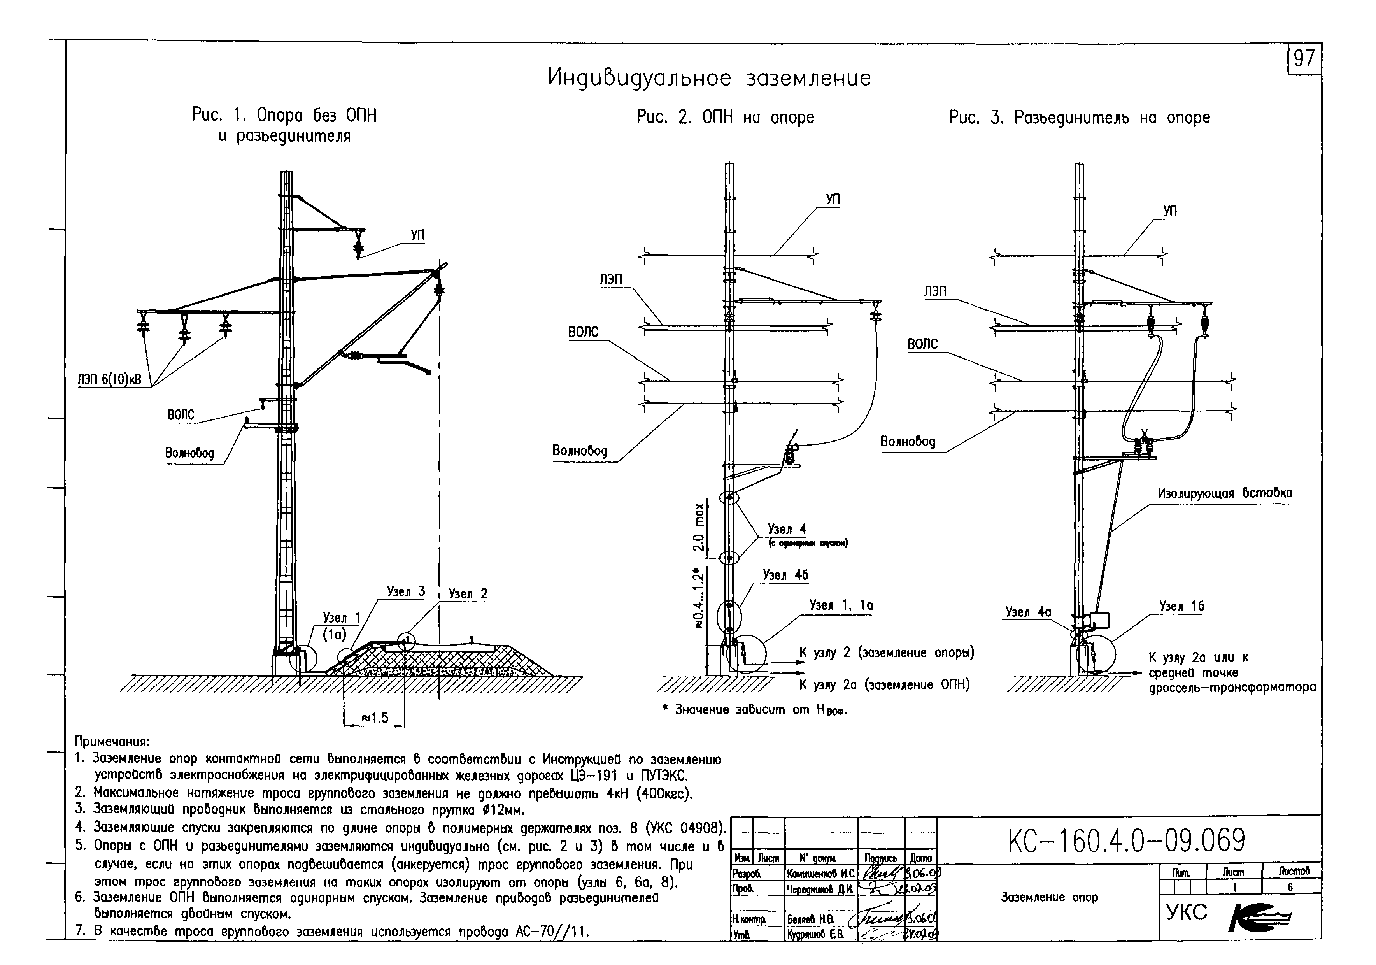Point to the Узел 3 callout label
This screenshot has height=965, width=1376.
point(406,591)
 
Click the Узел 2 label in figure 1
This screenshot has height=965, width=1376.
point(468,594)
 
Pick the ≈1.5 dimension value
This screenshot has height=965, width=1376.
point(375,718)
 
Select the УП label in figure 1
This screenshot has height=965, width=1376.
point(418,235)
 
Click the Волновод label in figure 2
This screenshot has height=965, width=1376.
point(580,451)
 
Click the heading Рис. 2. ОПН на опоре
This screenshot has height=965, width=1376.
point(725,118)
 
